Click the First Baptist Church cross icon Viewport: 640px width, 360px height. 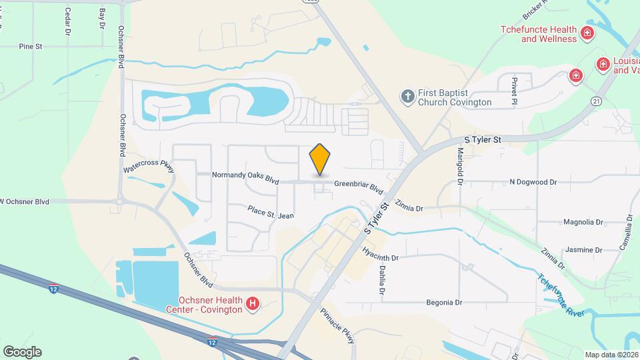(408, 97)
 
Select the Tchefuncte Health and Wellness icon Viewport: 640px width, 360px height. (587, 33)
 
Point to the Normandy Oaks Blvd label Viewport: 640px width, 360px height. (245, 177)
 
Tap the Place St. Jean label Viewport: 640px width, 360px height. (270, 212)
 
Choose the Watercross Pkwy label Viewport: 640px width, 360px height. (148, 165)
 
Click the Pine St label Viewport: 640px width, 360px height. (31, 47)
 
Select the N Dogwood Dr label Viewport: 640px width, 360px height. (533, 181)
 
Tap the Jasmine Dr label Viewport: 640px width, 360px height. (583, 250)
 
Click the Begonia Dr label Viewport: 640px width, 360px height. (444, 302)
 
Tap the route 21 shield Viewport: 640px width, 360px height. (596, 100)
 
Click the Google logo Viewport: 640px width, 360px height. (22, 351)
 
